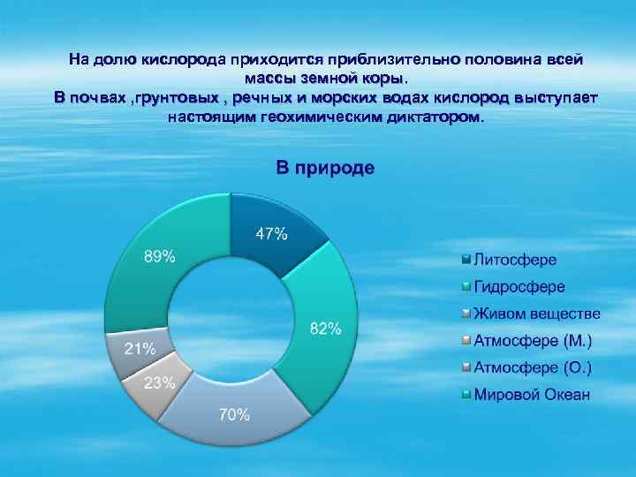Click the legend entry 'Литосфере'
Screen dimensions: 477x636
click(x=515, y=261)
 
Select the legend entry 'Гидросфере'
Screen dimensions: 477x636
click(x=519, y=287)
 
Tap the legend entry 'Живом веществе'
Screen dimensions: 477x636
click(x=537, y=314)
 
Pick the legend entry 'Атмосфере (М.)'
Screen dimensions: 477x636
click(x=533, y=340)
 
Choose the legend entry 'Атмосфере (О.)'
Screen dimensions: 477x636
click(x=533, y=367)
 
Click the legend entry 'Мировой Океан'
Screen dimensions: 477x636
click(x=532, y=394)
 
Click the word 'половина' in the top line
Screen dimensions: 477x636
click(x=497, y=60)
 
